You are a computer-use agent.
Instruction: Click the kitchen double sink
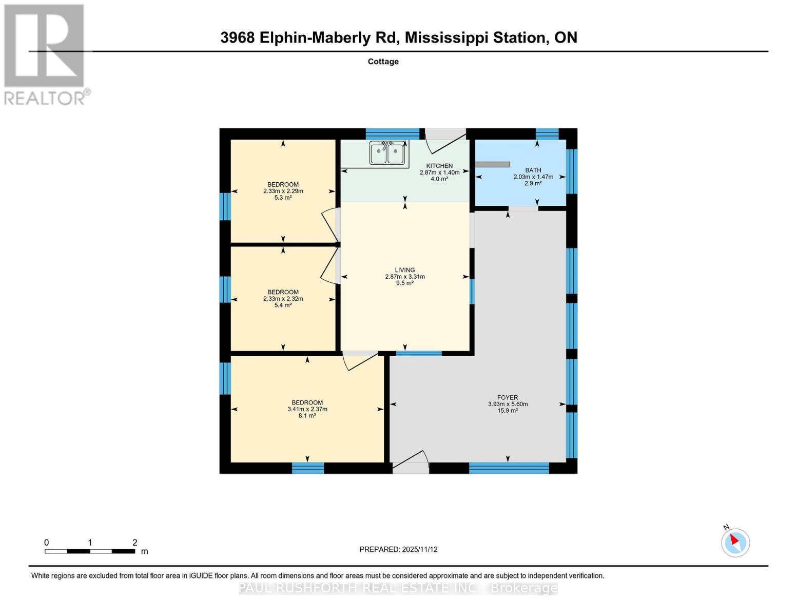pyautogui.click(x=387, y=153)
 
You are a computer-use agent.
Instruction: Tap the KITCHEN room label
pyautogui.click(x=439, y=166)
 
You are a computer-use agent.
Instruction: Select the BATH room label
pyautogui.click(x=533, y=170)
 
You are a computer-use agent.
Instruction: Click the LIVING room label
pyautogui.click(x=404, y=270)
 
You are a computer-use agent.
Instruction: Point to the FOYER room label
pyautogui.click(x=507, y=397)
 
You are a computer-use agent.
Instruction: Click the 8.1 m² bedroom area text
pyautogui.click(x=307, y=416)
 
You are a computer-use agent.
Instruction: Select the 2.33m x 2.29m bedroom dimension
pyautogui.click(x=283, y=191)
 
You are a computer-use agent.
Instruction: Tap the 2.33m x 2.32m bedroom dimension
pyautogui.click(x=283, y=299)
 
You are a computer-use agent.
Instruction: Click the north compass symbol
pyautogui.click(x=735, y=542)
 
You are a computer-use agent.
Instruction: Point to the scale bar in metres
pyautogui.click(x=90, y=551)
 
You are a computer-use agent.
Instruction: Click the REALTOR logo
pyautogui.click(x=45, y=54)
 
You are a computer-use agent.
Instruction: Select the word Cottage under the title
pyautogui.click(x=383, y=62)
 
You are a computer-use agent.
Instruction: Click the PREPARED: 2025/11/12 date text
pyautogui.click(x=398, y=549)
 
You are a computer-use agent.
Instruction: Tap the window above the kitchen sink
pyautogui.click(x=392, y=134)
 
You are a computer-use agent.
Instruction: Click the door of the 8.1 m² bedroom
pyautogui.click(x=360, y=360)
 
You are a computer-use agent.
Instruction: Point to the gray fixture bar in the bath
pyautogui.click(x=492, y=164)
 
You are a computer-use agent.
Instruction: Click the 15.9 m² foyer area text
pyautogui.click(x=507, y=411)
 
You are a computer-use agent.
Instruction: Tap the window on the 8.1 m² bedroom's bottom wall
pyautogui.click(x=308, y=468)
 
